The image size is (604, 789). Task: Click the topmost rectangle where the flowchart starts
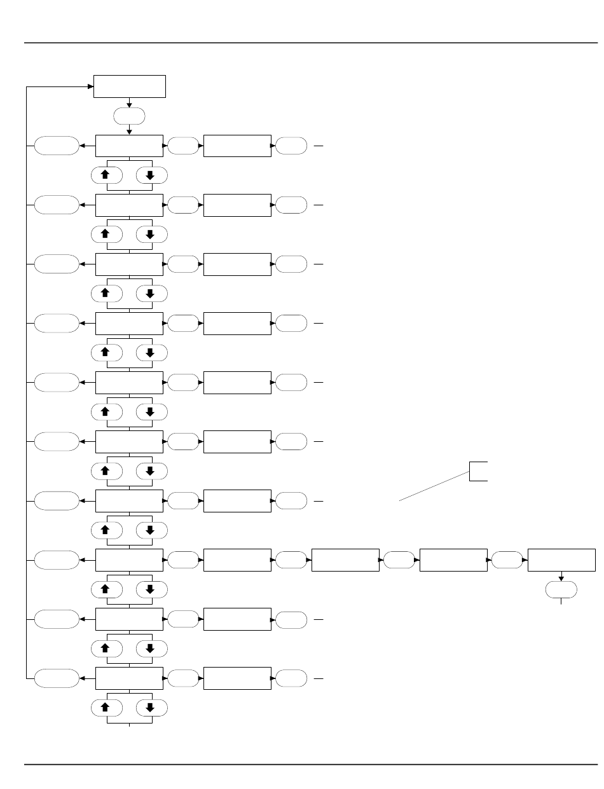[x=130, y=86]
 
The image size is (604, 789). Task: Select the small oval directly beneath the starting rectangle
[x=129, y=116]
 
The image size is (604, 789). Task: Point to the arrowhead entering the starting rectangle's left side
[x=91, y=86]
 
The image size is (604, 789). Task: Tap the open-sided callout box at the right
[x=479, y=471]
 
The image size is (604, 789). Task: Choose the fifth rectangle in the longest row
[x=562, y=560]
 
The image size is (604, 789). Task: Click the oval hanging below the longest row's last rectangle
[x=561, y=590]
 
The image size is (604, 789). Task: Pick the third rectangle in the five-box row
[x=345, y=560]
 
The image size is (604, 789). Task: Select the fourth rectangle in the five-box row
[x=454, y=560]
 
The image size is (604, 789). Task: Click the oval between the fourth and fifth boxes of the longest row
[x=507, y=560]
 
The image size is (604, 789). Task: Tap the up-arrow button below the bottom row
[x=107, y=708]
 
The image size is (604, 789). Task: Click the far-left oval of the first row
[x=57, y=146]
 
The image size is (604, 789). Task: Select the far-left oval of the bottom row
[x=57, y=678]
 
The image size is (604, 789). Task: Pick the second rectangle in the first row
[x=237, y=146]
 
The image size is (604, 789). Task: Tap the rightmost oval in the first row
[x=291, y=146]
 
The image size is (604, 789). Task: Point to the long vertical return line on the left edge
[x=26, y=381]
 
